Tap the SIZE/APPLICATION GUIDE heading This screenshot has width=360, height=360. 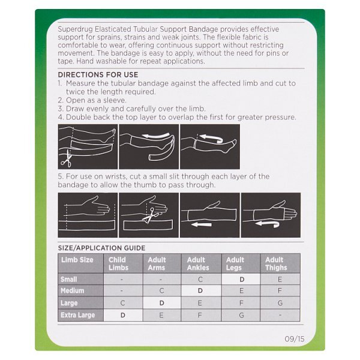coord(102,247)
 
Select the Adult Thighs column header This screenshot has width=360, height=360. coord(275,264)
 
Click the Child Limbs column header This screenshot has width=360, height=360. coord(118,264)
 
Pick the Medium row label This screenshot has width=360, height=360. coord(72,291)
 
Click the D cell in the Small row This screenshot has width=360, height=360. coord(242,279)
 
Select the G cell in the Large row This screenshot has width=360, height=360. coord(280,303)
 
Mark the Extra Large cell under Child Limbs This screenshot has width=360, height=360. coord(123,315)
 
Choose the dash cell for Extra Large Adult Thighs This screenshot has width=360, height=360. coord(280,315)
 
